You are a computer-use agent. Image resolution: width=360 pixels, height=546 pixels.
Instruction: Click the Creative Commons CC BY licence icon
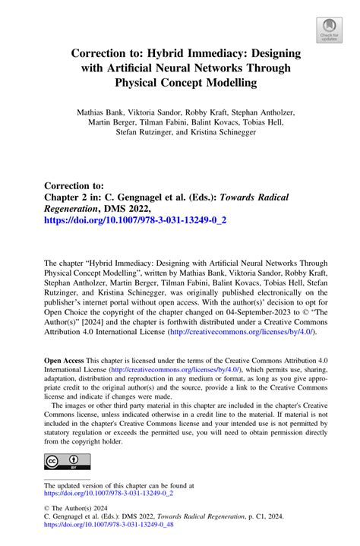[x=67, y=462]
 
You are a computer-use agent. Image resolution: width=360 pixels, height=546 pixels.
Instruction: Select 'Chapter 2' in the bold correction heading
[x=73, y=197]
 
